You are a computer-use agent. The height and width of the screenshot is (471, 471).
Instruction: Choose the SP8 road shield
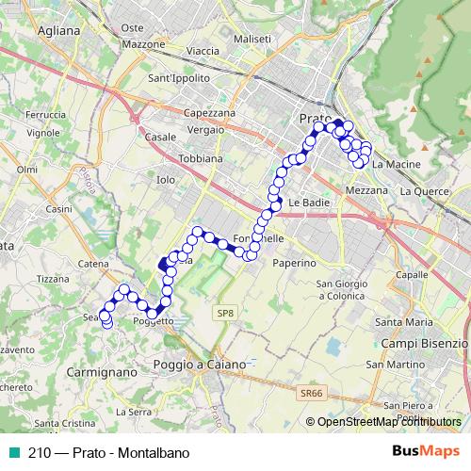click(223, 313)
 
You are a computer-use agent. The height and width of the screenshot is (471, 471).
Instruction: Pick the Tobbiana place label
click(201, 159)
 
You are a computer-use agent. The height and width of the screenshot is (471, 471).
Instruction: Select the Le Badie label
click(308, 203)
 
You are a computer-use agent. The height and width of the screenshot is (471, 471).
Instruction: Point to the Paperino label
click(294, 264)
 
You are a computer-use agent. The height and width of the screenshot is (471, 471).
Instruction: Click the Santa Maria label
click(402, 322)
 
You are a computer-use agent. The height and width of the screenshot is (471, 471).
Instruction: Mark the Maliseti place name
click(253, 40)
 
